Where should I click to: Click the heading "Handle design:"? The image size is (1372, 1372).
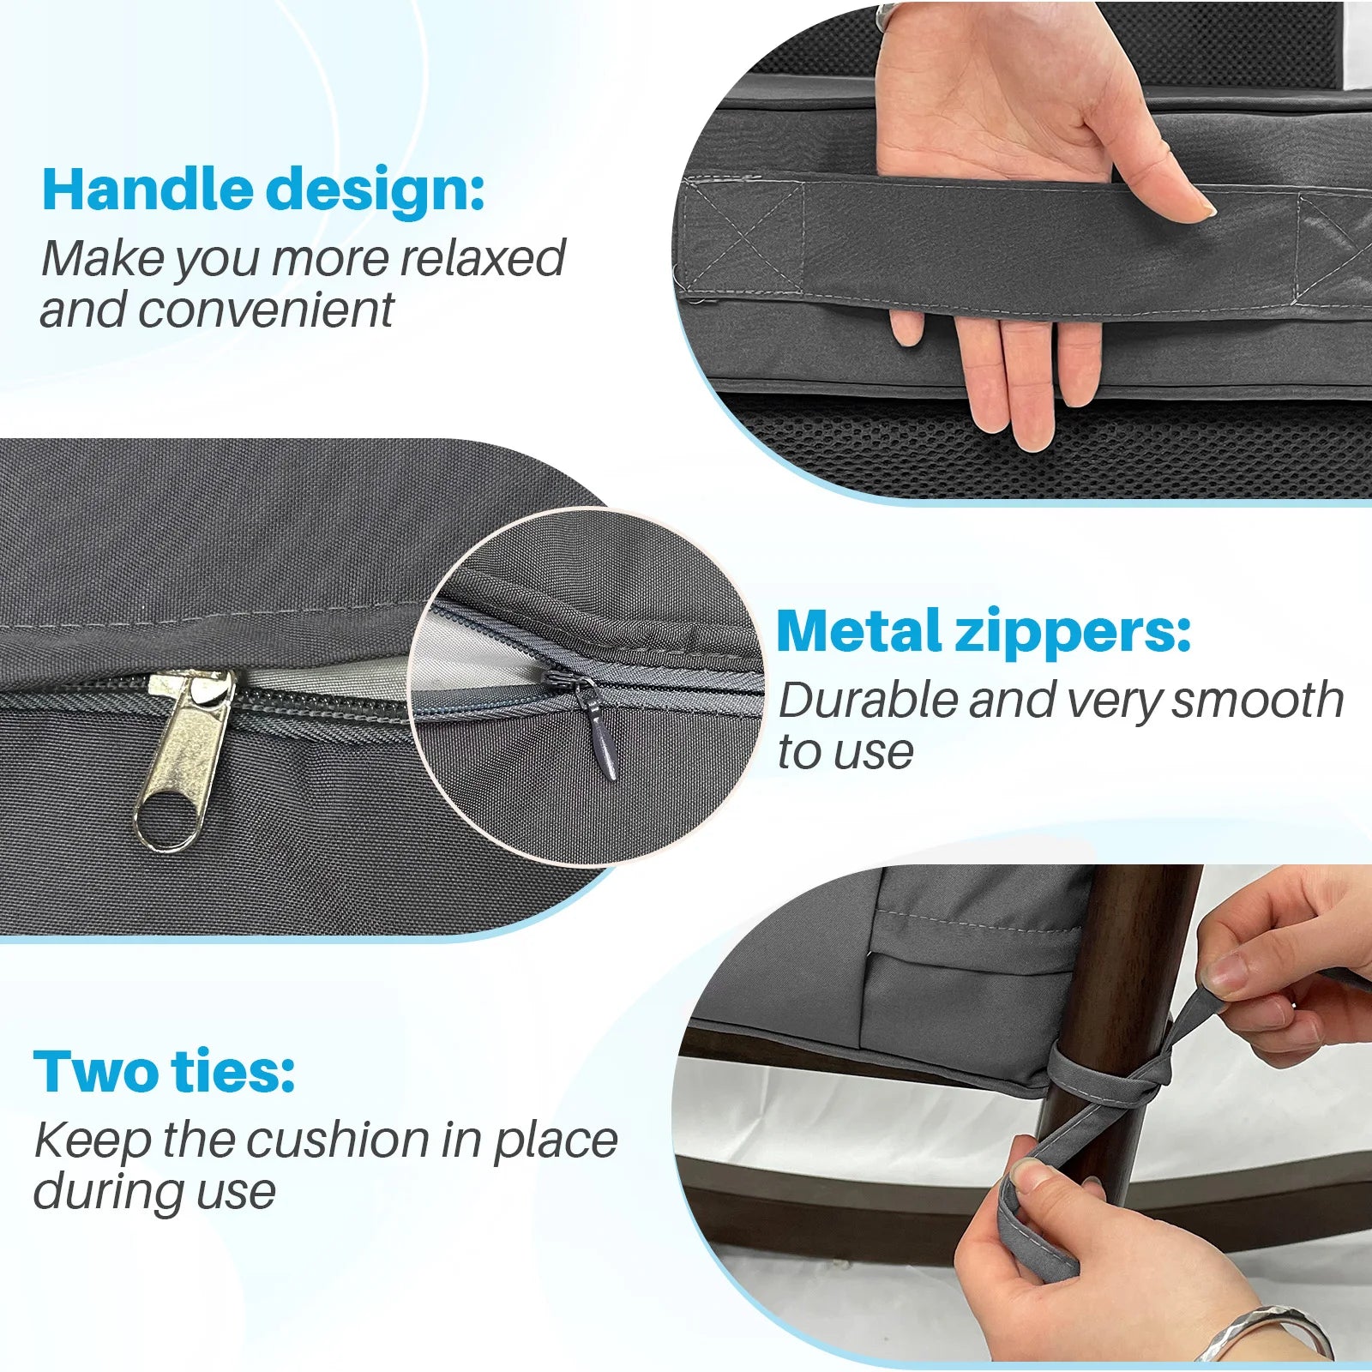263,190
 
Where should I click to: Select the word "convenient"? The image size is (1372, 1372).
266,310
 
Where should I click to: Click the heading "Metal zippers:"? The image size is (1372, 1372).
984,632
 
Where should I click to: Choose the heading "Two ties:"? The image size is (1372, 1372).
165,1072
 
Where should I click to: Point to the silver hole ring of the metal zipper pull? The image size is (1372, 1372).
165,821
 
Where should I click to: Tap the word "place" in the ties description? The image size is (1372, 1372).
556,1141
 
